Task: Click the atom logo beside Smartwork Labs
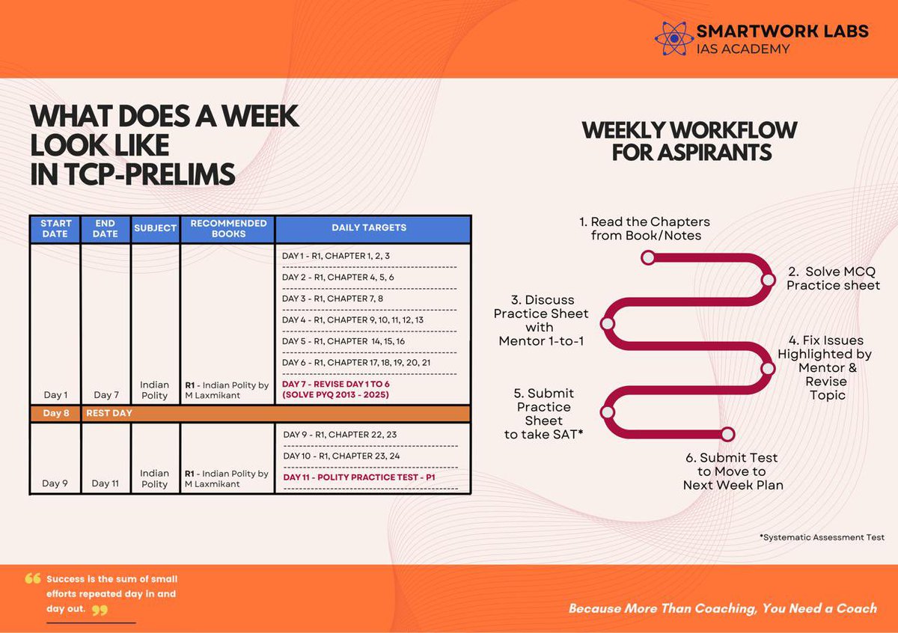pos(673,37)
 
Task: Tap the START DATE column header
pos(55,228)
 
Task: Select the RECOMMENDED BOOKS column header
pos(228,228)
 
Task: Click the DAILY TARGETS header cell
pos(373,228)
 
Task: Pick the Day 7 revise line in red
pos(335,389)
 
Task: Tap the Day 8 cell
pos(55,413)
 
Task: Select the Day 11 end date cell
pos(106,483)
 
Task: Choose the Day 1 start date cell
pos(55,394)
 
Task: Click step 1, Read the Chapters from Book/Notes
pos(644,229)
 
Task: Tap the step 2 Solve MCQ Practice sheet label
pos(833,278)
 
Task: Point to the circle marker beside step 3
pos(608,324)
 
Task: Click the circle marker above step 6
pos(727,434)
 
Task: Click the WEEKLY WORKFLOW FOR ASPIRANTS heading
pos(689,141)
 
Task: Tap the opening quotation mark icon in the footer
pos(33,578)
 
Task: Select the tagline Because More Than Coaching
pos(722,608)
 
